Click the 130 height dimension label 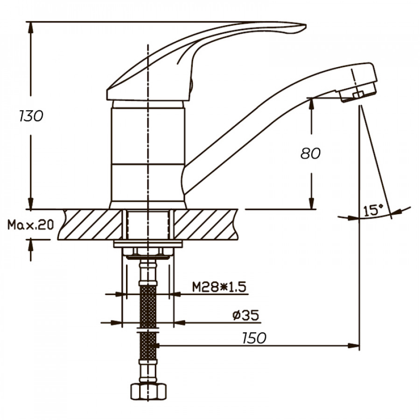(31, 116)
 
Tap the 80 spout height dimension (310, 154)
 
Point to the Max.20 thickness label (30, 225)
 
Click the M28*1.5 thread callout (219, 287)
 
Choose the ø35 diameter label (245, 315)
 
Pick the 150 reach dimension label (254, 338)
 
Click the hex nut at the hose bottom (148, 392)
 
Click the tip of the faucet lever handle (306, 26)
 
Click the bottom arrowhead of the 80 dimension (311, 203)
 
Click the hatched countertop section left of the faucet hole (90, 224)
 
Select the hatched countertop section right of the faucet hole (206, 224)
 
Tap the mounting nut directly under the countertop (147, 252)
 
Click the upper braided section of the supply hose (148, 306)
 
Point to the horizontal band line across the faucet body (148, 164)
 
